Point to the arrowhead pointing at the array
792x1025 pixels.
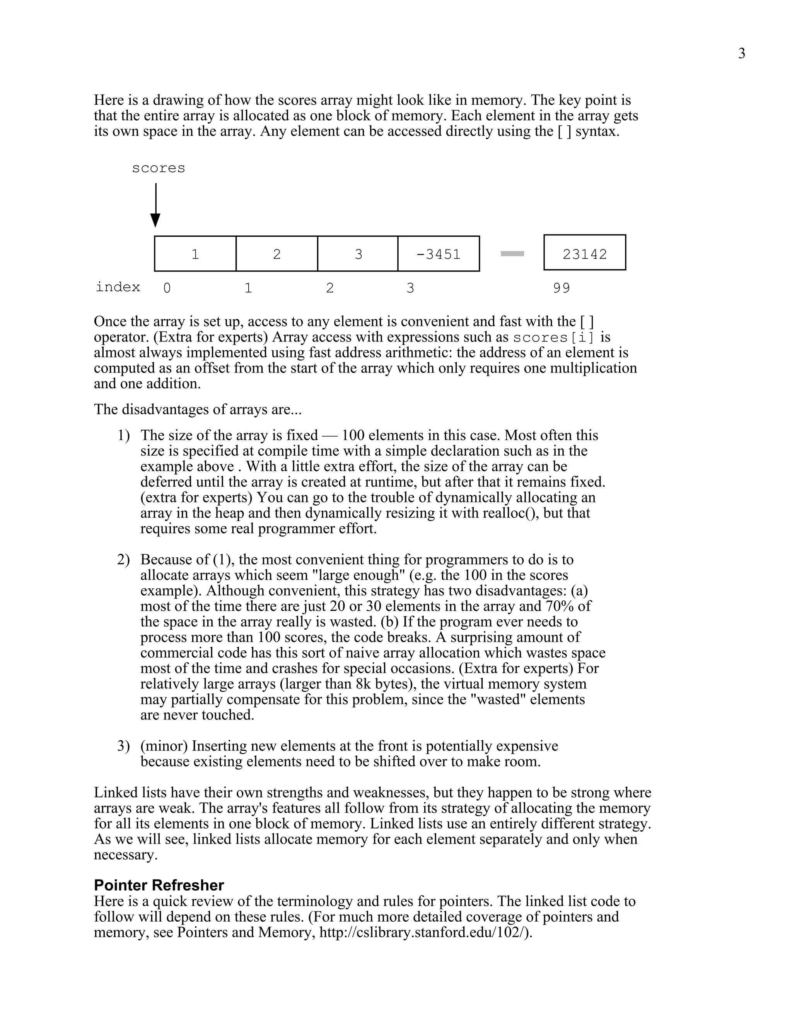(x=155, y=220)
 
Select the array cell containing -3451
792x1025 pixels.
(x=438, y=254)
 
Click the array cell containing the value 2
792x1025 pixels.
(x=277, y=254)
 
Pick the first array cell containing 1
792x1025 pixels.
(x=195, y=254)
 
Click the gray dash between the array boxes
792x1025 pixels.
(x=512, y=254)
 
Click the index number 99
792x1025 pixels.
(x=561, y=288)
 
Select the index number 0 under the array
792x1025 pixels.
(x=167, y=288)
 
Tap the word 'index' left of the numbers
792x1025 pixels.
(x=118, y=287)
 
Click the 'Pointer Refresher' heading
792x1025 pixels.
(x=159, y=885)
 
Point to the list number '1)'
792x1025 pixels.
(x=123, y=436)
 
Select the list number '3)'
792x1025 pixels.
(x=123, y=746)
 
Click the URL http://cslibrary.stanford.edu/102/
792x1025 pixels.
(x=425, y=932)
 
